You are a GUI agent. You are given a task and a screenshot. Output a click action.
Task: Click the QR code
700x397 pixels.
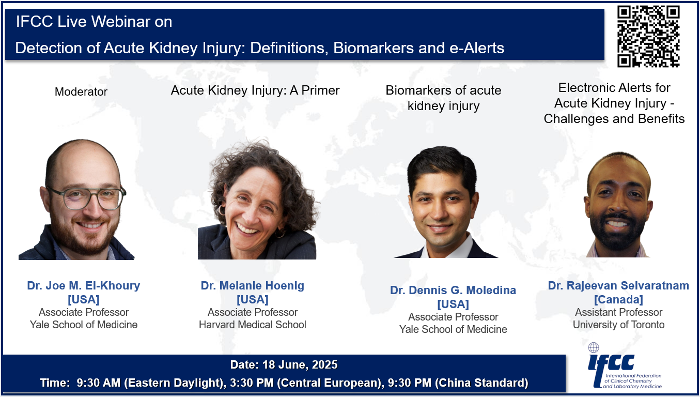[648, 36]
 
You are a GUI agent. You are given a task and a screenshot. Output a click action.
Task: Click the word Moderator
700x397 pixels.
[81, 91]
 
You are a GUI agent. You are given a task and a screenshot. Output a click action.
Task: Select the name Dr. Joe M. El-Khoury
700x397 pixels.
[84, 285]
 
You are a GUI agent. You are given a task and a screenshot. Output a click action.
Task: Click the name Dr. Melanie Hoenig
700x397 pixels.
[253, 285]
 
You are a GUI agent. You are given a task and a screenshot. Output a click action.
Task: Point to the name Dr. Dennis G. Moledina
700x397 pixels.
[453, 290]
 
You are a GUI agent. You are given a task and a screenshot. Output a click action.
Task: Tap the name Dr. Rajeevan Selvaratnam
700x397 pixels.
[618, 285]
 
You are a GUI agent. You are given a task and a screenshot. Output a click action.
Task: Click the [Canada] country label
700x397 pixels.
[618, 299]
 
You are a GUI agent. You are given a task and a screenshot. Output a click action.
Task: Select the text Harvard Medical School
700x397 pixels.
[253, 325]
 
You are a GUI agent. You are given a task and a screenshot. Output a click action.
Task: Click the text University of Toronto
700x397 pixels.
[618, 325]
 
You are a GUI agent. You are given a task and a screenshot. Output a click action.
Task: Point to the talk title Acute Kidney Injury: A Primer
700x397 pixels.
[255, 90]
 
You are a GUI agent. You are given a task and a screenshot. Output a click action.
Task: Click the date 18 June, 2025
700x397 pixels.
[300, 365]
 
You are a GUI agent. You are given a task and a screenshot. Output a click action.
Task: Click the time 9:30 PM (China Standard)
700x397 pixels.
[458, 383]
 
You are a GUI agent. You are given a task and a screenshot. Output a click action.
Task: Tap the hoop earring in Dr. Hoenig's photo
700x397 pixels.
[222, 210]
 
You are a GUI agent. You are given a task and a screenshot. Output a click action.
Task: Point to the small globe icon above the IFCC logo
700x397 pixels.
[594, 347]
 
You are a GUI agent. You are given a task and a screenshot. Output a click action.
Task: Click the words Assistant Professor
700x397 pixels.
[618, 312]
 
